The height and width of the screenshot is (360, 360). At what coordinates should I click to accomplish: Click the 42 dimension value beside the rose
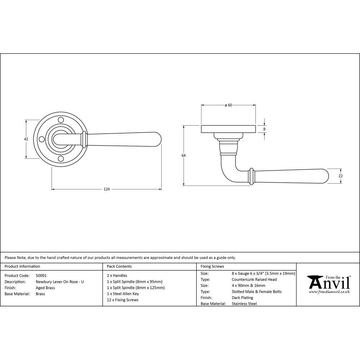pyautogui.click(x=26, y=139)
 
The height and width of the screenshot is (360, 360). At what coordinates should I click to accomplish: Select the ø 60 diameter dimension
pyautogui.click(x=228, y=105)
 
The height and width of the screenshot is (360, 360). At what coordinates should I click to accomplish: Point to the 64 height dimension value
pyautogui.click(x=184, y=156)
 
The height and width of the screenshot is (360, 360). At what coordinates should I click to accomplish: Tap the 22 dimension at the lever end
pyautogui.click(x=341, y=176)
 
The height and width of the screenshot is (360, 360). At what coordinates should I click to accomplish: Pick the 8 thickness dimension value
pyautogui.click(x=264, y=129)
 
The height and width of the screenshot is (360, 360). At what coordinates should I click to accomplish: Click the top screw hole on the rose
pyautogui.click(x=61, y=120)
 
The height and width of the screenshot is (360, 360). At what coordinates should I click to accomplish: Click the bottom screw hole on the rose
pyautogui.click(x=61, y=159)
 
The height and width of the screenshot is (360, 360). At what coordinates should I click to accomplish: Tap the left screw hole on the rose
pyautogui.click(x=41, y=139)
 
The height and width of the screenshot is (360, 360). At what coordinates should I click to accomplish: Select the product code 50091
pyautogui.click(x=41, y=275)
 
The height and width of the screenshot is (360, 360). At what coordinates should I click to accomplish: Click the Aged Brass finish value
pyautogui.click(x=45, y=288)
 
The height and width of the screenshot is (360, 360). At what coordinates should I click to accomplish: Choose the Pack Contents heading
pyautogui.click(x=119, y=267)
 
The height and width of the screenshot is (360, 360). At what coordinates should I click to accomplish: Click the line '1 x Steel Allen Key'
pyautogui.click(x=123, y=294)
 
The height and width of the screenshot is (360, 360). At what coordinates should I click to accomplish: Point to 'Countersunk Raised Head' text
pyautogui.click(x=254, y=279)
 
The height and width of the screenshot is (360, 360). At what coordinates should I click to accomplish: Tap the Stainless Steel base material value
pyautogui.click(x=244, y=304)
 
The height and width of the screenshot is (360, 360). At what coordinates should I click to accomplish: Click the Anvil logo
pyautogui.click(x=328, y=283)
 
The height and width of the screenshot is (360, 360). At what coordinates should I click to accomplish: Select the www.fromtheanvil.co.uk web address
pyautogui.click(x=329, y=292)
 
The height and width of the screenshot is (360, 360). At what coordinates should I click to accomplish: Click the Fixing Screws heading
pyautogui.click(x=212, y=267)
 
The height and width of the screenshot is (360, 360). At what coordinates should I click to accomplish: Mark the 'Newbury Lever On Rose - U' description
pyautogui.click(x=60, y=282)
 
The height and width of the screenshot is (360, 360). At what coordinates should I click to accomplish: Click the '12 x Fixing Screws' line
pyautogui.click(x=122, y=300)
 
